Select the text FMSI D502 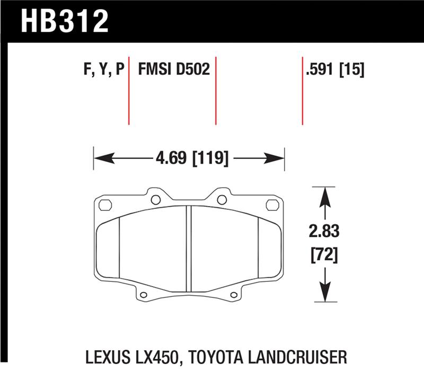[x=174, y=69]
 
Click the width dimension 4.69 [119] [x=189, y=157]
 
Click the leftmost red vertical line [x=129, y=90]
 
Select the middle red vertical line [x=216, y=90]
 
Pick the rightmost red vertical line [x=303, y=90]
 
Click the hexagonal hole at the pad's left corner [x=104, y=205]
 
